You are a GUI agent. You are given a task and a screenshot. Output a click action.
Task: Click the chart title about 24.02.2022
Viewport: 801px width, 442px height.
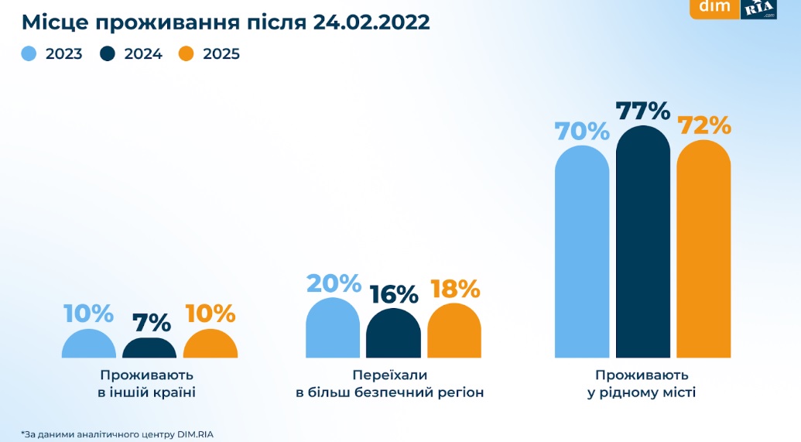225,21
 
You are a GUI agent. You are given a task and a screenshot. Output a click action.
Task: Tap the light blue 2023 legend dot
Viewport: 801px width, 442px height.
29,54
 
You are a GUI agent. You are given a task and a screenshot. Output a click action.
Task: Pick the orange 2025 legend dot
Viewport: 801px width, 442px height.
186,54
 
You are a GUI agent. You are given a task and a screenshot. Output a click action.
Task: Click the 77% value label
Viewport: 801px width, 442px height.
643,111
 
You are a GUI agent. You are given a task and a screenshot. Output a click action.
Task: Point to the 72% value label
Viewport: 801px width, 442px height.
704,125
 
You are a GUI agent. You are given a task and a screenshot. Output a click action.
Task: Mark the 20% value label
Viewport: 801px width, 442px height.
334,284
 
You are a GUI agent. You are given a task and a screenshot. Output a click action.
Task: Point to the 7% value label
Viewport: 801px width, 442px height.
149,322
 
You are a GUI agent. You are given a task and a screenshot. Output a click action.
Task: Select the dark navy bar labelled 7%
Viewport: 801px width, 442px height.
149,348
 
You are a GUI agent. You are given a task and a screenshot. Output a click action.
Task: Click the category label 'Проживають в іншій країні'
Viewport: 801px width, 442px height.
146,383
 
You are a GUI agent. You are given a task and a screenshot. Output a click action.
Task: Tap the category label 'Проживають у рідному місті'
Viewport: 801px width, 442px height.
642,383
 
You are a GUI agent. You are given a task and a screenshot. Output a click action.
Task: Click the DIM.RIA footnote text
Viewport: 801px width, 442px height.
115,433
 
